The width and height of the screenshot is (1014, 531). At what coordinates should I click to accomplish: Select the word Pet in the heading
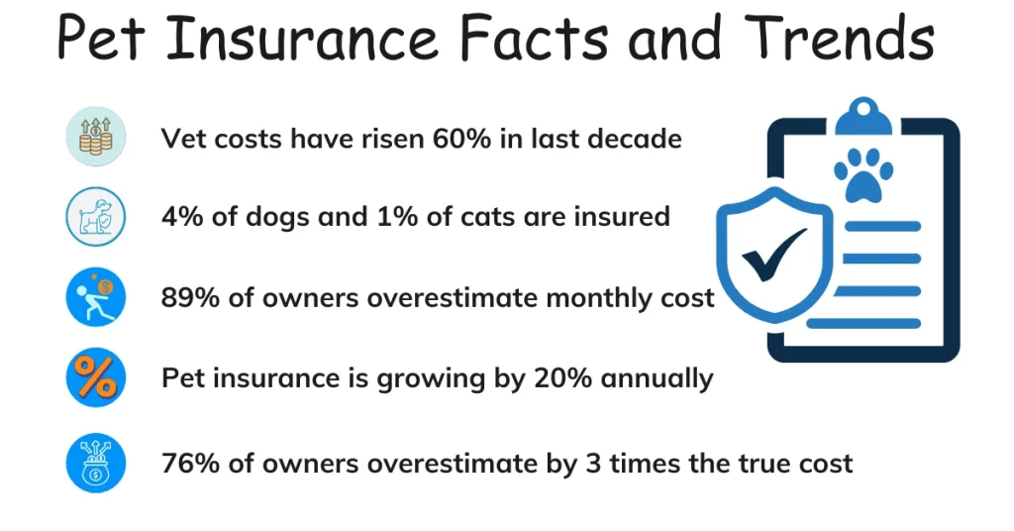pos(108,40)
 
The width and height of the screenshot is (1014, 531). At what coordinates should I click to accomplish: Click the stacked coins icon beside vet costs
pos(96,137)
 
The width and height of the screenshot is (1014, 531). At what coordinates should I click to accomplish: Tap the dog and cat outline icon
pos(96,216)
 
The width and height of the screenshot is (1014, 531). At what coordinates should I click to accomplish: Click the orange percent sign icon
pos(96,377)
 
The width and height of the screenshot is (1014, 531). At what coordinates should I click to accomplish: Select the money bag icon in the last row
pos(96,462)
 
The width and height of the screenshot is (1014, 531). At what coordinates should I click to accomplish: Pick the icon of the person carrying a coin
pos(96,296)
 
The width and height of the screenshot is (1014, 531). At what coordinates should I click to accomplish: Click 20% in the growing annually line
pos(553,378)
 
